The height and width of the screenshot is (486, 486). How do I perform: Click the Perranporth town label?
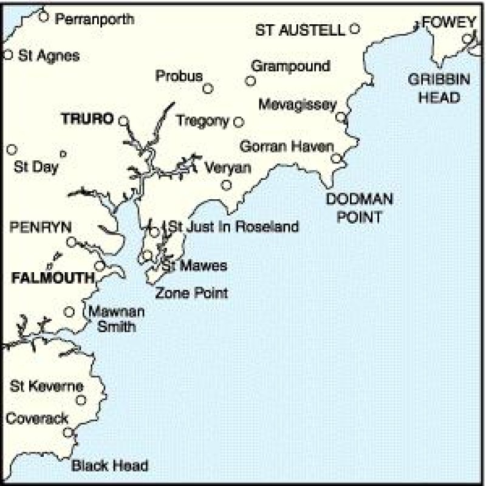[94, 19]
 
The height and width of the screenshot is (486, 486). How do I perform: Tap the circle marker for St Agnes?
[8, 55]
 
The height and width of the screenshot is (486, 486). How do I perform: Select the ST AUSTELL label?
[299, 30]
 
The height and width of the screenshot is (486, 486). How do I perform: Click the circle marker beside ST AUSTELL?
[355, 28]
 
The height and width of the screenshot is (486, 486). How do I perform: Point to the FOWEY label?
[449, 22]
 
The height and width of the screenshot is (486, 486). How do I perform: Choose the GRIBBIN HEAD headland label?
[434, 88]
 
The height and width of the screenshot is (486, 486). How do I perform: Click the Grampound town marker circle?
[250, 81]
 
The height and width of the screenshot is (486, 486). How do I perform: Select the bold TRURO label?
[87, 118]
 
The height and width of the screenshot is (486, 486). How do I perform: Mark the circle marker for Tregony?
[239, 122]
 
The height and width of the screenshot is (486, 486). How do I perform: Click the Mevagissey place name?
[297, 105]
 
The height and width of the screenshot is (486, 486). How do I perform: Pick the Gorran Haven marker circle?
[337, 159]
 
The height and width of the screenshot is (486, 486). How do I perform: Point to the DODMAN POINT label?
[360, 208]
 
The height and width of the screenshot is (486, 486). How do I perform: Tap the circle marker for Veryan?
[227, 185]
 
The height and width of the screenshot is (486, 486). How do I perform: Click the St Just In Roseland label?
[234, 227]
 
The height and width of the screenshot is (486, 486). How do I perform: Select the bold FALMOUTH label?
[53, 278]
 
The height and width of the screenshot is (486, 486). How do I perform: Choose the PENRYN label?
[41, 227]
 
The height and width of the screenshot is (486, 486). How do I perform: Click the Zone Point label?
[191, 293]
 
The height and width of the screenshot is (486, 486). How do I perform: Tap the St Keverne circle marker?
[81, 400]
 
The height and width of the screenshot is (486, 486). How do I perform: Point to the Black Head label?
[110, 466]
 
